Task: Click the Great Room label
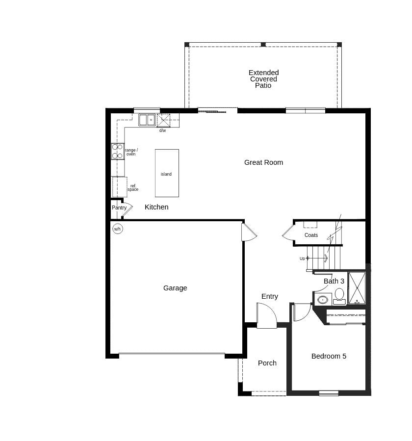coord(263,162)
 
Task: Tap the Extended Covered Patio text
coord(263,79)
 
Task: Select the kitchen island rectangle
coord(167,173)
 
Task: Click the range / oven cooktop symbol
coord(117,151)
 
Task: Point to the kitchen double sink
coord(147,120)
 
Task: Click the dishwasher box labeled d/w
coord(163,121)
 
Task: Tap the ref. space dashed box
coord(120,187)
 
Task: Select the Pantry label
coord(119,208)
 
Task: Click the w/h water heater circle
coord(118,229)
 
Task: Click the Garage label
coord(175,288)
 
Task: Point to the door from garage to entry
coord(248,232)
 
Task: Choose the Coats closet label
coord(311,235)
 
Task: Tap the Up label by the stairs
coord(302,259)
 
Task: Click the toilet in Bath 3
coord(339,295)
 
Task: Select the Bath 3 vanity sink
coord(323,299)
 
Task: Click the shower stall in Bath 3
coord(357,288)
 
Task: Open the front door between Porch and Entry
coord(266,316)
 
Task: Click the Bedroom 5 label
coord(329,356)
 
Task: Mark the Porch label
coord(267,363)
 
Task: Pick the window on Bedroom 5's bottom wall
coord(329,393)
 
